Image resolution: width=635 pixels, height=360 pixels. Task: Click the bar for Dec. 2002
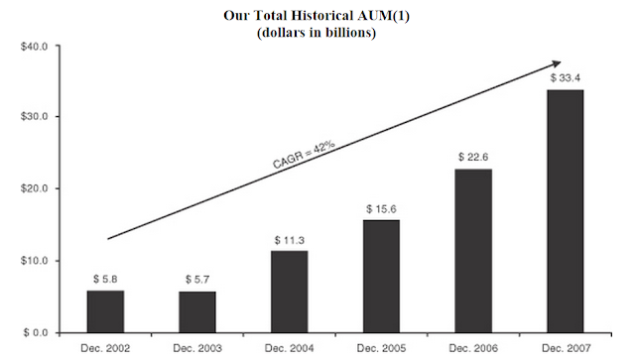click(106, 311)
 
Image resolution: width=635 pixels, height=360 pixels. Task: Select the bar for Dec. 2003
click(197, 312)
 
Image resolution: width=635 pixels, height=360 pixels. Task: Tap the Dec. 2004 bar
click(290, 292)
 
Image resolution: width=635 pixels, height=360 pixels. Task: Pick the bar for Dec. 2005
click(381, 277)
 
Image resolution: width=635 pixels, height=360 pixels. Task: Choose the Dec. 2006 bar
click(473, 251)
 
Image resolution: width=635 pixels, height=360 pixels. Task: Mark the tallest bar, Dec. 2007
click(566, 211)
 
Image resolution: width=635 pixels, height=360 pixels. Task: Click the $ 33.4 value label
click(566, 77)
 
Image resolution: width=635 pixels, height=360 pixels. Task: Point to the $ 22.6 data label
click(473, 157)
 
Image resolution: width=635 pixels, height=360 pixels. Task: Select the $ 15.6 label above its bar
click(381, 209)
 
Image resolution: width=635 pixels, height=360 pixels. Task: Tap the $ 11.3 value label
click(290, 240)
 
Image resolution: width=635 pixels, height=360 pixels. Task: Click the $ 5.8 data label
click(105, 279)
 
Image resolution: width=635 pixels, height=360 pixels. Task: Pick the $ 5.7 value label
click(197, 280)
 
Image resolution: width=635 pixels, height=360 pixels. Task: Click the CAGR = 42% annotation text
click(304, 155)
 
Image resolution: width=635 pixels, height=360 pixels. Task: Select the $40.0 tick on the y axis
click(35, 47)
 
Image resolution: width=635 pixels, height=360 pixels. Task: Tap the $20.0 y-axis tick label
click(35, 188)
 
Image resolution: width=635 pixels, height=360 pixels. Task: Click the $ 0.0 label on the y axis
click(36, 333)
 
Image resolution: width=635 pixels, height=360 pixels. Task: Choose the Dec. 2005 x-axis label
click(381, 348)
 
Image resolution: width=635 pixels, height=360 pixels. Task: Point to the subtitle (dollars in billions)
click(317, 33)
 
